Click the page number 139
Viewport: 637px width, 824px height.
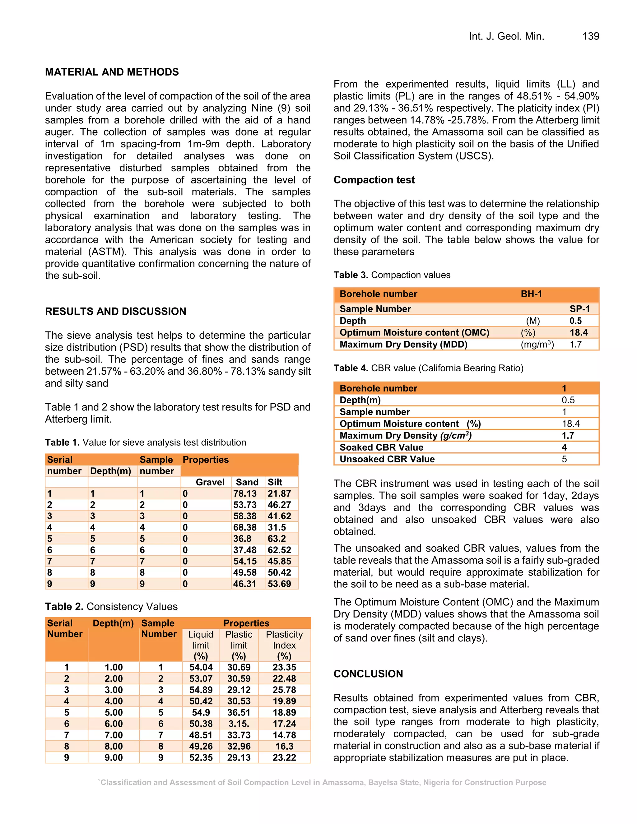click(591, 36)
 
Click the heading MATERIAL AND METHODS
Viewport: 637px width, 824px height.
click(112, 72)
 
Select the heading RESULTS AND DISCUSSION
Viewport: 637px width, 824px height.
click(115, 311)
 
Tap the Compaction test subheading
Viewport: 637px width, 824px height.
click(374, 180)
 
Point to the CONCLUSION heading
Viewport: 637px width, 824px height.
click(368, 674)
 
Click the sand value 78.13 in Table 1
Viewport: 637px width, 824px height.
click(244, 493)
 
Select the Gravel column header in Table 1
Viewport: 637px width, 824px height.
click(210, 482)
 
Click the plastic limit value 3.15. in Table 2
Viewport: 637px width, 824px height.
click(239, 724)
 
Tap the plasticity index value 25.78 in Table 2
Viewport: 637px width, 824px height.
click(284, 690)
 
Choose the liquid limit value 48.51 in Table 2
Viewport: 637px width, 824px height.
click(201, 735)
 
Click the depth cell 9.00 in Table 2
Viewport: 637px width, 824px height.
click(114, 757)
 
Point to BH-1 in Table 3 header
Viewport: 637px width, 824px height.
click(531, 294)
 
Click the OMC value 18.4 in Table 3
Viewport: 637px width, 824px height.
click(579, 332)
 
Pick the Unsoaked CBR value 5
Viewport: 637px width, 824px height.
click(564, 459)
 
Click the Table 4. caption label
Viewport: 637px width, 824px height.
click(351, 368)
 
